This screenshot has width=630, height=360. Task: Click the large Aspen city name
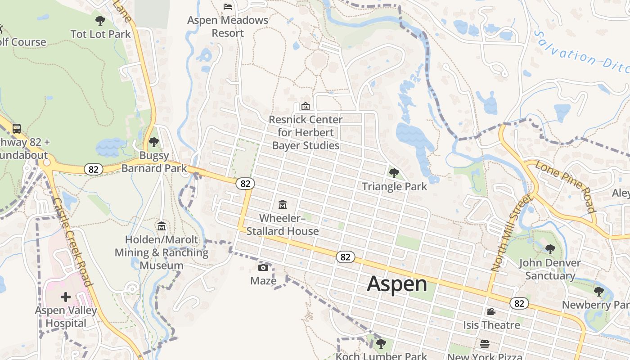(x=397, y=284)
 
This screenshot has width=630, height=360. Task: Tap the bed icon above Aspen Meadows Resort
(x=228, y=6)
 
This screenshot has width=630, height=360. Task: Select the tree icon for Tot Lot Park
(x=100, y=20)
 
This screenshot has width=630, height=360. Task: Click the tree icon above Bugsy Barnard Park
(x=154, y=142)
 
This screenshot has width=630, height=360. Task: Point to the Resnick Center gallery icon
(x=306, y=106)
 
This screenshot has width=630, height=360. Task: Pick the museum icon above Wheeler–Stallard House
(x=283, y=205)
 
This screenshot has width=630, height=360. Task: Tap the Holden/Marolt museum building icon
(x=162, y=226)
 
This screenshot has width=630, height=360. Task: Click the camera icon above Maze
(x=263, y=268)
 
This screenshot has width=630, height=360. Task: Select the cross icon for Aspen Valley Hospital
(x=66, y=297)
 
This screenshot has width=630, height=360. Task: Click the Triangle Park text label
(x=395, y=186)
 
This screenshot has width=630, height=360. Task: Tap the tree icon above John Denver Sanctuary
(x=550, y=249)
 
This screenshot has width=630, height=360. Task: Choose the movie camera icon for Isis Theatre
(x=491, y=311)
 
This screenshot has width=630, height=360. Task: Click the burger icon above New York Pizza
(x=485, y=344)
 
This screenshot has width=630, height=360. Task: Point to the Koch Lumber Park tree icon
(x=381, y=344)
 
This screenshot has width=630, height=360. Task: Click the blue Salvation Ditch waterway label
(x=580, y=52)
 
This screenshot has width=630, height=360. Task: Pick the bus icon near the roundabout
(x=17, y=129)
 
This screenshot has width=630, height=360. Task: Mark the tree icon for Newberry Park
(x=598, y=292)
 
